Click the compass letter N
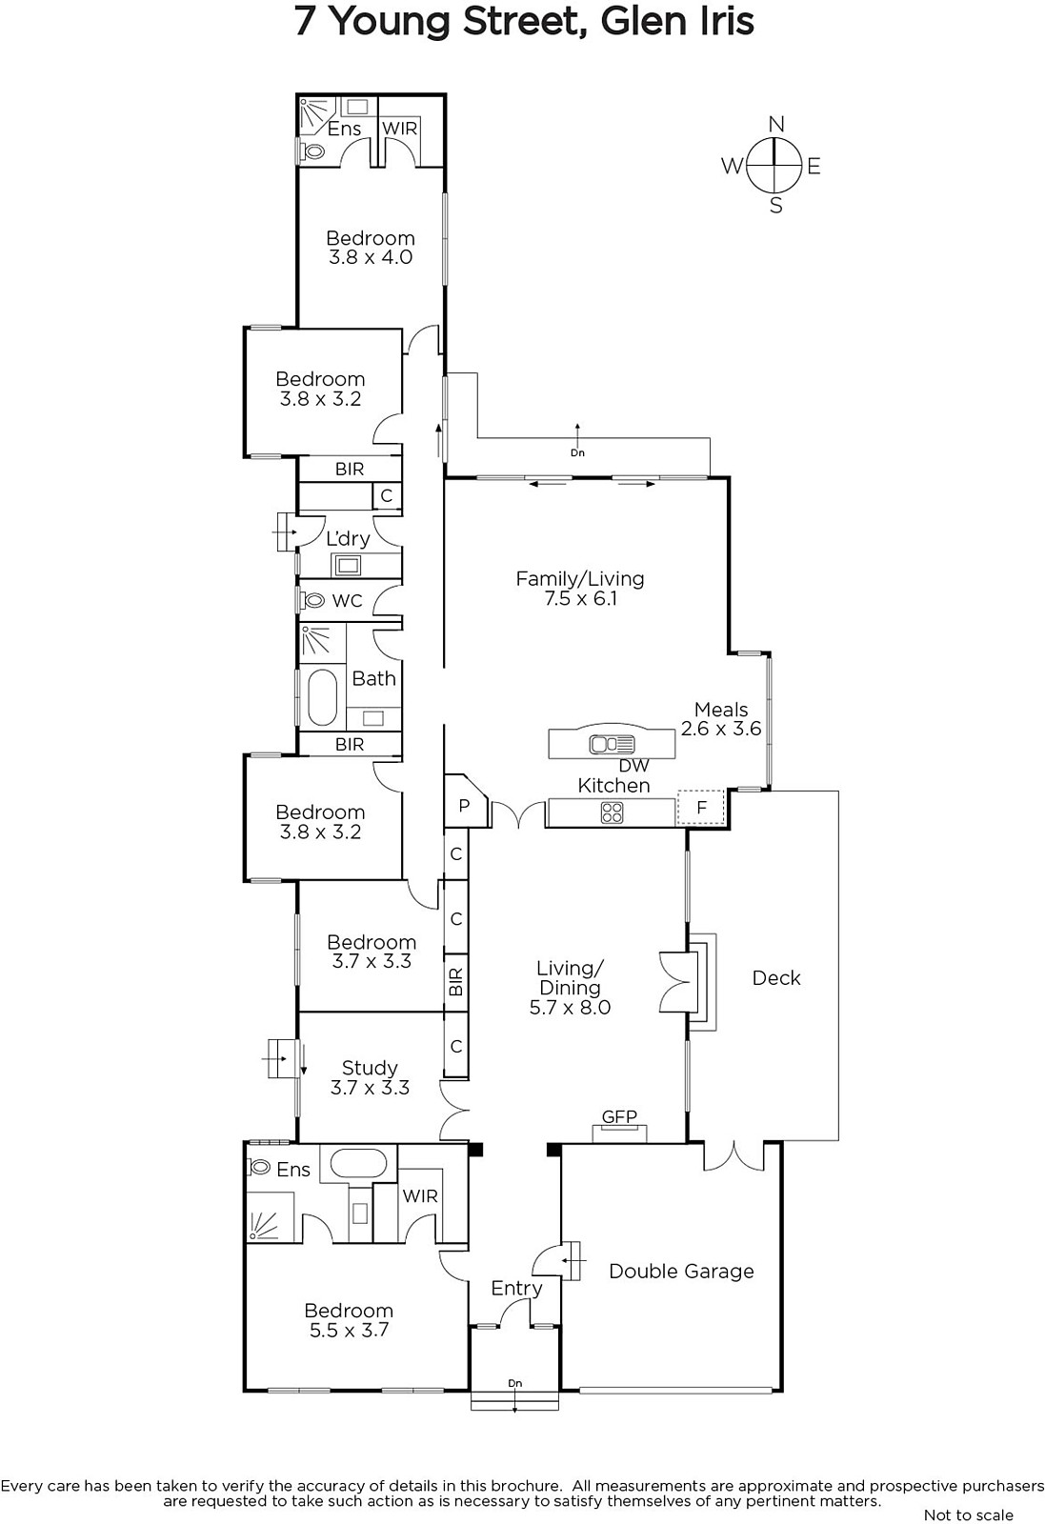(776, 124)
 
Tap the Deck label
(776, 977)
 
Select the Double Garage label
(681, 1271)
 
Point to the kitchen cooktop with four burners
(612, 812)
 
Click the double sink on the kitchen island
(612, 744)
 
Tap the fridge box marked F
(701, 808)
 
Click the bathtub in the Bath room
(323, 698)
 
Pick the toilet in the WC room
(313, 601)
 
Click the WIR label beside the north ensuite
(399, 128)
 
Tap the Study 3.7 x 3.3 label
(370, 1077)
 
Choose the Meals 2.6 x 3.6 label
(721, 719)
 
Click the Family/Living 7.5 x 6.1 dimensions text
(576, 599)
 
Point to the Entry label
(516, 1288)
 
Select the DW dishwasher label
(634, 766)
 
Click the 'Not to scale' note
(969, 1515)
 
